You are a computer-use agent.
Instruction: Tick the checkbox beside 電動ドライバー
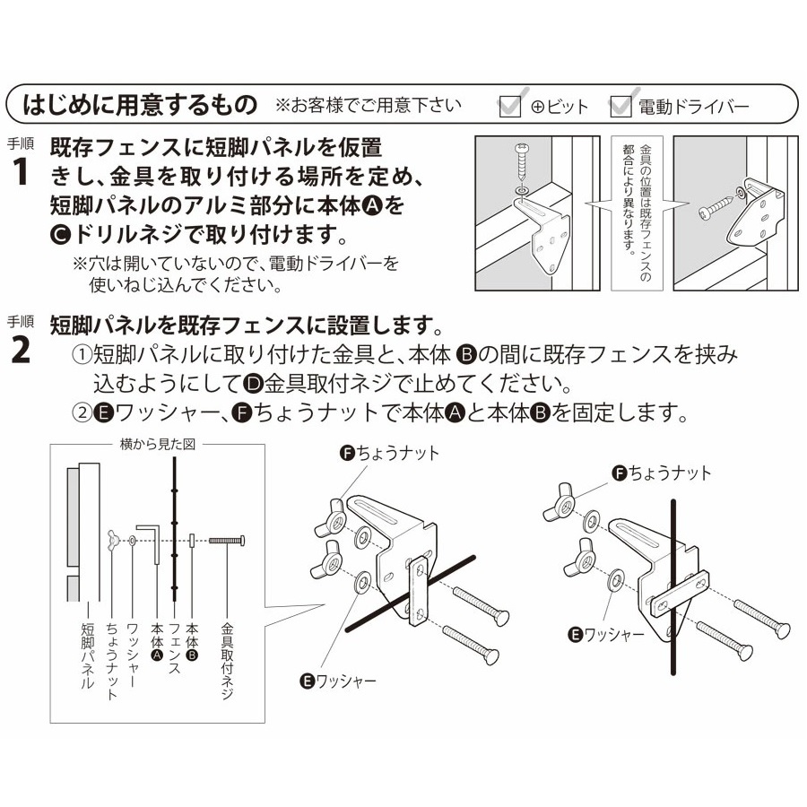tap(620, 107)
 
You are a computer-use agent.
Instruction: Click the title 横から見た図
tap(158, 444)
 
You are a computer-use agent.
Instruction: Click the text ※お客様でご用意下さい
tap(369, 106)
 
